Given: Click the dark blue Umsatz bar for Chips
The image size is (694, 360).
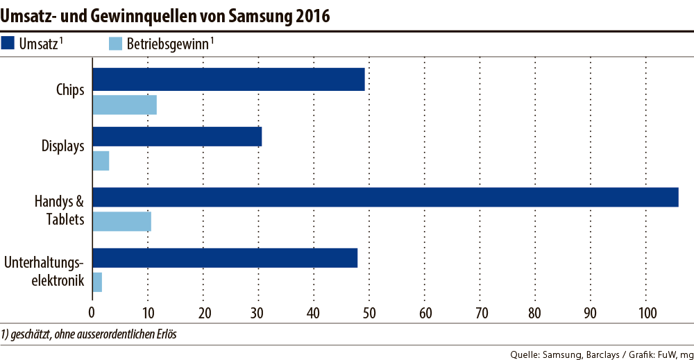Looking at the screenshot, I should point(228,80).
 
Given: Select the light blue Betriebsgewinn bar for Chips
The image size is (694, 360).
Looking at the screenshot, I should point(124,105).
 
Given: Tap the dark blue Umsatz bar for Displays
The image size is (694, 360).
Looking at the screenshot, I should point(177,137).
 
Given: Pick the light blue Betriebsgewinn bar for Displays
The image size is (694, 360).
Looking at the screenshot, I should point(101,161).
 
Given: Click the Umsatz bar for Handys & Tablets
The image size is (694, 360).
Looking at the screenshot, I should point(385,197).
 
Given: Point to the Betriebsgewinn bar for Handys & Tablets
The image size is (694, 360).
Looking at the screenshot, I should point(121,221).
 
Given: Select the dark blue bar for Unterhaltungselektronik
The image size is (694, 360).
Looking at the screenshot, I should point(225,257).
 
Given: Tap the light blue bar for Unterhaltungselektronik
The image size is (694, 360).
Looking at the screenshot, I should point(97,282).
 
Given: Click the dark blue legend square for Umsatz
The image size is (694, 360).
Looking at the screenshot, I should point(9,44).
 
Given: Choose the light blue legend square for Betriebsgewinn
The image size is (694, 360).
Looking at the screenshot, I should point(117,44).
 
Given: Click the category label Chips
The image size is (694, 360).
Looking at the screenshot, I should point(70,89).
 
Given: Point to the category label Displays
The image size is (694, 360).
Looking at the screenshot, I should point(62,146).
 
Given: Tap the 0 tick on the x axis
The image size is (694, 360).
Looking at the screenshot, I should point(92,312).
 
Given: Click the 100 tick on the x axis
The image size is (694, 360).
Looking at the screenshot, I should point(645,312).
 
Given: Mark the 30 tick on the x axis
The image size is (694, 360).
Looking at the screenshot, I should point(258,312).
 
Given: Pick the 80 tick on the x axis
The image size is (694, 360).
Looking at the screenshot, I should point(535,312).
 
